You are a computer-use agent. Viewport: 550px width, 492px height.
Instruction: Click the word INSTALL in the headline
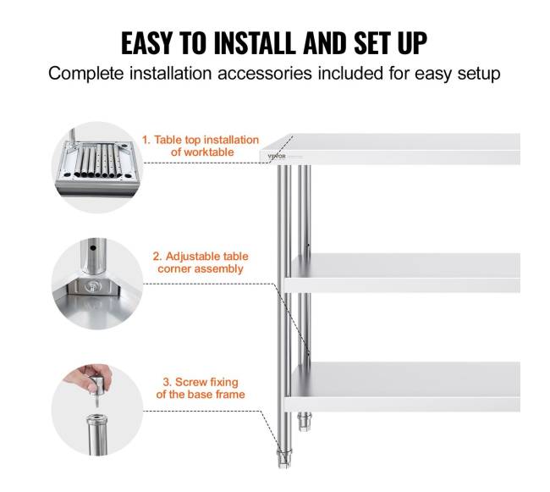point(255,43)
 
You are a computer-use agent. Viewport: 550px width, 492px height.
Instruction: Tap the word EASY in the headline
point(146,43)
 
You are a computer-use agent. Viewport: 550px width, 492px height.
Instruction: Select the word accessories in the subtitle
point(265,74)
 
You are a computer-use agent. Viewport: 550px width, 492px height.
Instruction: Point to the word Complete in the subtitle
point(86,74)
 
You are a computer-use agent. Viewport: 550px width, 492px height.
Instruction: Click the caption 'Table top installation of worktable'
point(201,146)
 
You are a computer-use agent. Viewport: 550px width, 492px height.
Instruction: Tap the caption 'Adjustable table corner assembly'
point(201,263)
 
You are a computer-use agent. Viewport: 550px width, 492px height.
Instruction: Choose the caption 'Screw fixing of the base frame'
point(201,388)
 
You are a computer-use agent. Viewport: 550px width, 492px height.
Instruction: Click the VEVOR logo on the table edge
point(277,156)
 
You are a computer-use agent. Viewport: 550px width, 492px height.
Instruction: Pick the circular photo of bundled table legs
point(97,167)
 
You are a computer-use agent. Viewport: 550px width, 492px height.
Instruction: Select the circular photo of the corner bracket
point(97,284)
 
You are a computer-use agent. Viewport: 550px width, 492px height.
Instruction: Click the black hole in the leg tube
point(92,248)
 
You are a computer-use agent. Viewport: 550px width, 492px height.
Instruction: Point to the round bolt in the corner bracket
point(92,286)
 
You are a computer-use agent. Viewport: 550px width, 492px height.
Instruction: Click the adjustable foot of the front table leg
point(283,459)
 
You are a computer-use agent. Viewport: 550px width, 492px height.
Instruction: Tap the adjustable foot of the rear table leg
point(304,421)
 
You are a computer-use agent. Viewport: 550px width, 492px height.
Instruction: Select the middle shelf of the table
point(402,273)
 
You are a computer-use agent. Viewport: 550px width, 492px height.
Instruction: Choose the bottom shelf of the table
point(402,387)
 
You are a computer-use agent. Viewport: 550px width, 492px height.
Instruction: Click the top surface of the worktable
point(390,148)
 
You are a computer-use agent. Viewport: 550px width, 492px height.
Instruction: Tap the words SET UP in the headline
point(390,43)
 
